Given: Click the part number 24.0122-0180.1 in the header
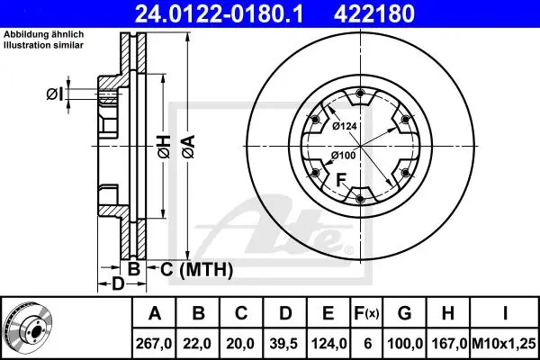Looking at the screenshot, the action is point(219,13).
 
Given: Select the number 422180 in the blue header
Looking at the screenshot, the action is point(374,13).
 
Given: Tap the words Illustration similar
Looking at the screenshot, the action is point(43,45).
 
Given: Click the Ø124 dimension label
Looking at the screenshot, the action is point(345,126).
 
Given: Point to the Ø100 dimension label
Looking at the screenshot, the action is point(344,156).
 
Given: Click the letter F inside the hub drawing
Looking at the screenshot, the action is point(341,180).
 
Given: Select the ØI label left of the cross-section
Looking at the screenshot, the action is point(55,94).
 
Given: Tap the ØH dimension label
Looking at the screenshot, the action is point(165,147).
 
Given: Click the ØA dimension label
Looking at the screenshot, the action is point(189,147).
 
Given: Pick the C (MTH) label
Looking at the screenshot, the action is point(196,269).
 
